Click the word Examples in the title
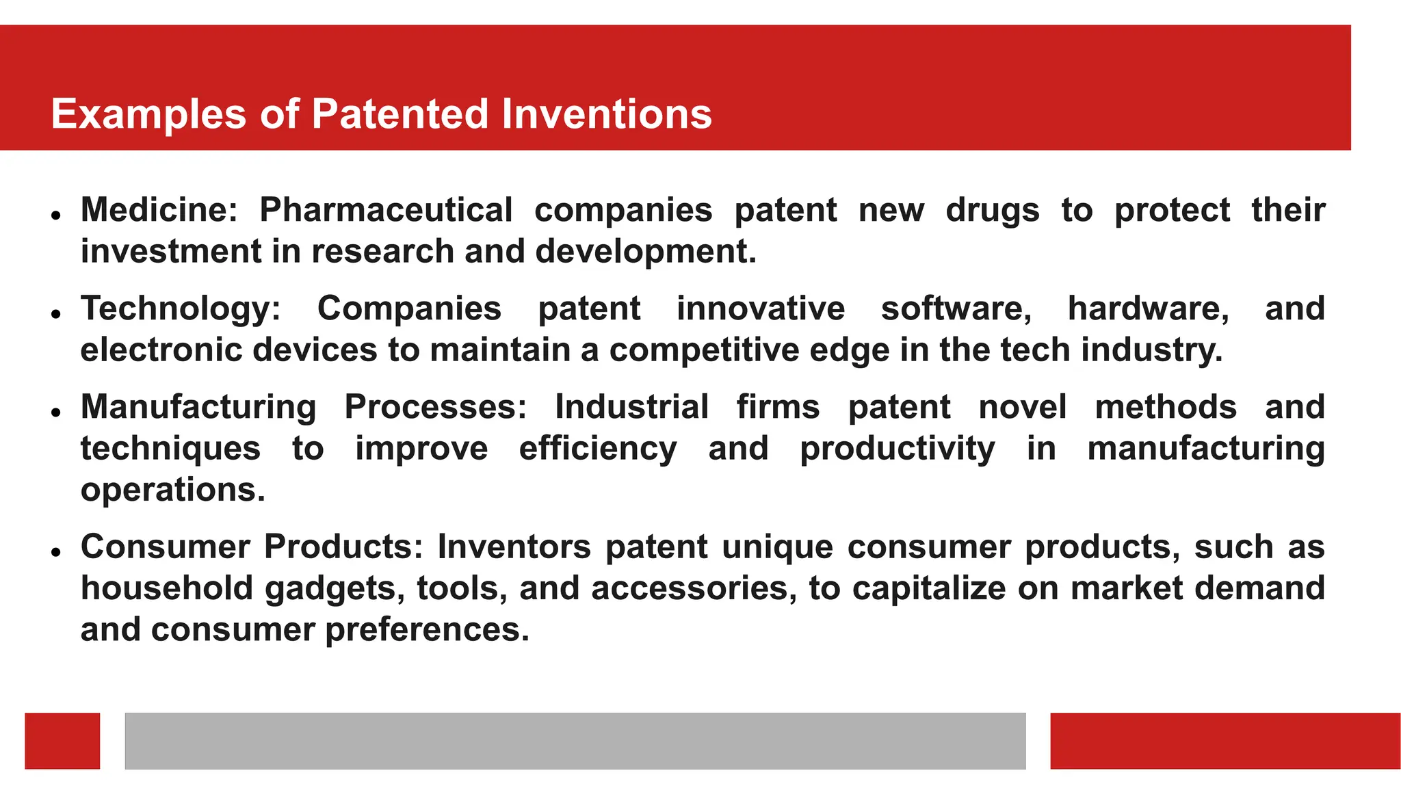[148, 114]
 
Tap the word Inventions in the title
[606, 114]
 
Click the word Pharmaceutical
[385, 209]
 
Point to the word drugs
[992, 209]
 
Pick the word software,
[956, 308]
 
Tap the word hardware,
[1148, 308]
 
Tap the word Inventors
[514, 547]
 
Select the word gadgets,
[335, 588]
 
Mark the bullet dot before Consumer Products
[56, 551]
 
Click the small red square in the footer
[62, 741]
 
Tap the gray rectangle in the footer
[575, 741]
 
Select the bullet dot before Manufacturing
[56, 412]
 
